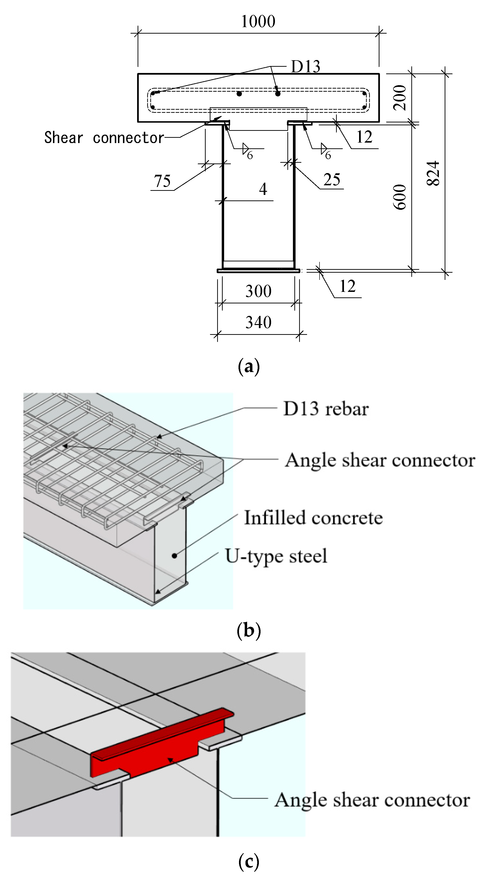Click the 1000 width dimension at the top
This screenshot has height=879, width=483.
[258, 22]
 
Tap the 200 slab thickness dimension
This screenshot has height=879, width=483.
[400, 98]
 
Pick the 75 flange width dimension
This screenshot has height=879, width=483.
[162, 181]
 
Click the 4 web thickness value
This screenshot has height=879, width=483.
[263, 189]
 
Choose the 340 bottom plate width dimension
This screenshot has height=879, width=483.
[258, 322]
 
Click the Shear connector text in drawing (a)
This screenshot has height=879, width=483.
[104, 138]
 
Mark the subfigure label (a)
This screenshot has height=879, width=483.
[249, 367]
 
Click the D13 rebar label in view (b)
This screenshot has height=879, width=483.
[326, 409]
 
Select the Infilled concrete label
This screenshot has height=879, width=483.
[313, 518]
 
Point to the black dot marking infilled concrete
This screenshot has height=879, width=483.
[175, 556]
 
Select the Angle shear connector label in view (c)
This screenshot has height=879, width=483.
[372, 800]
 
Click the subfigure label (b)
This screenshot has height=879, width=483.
[249, 630]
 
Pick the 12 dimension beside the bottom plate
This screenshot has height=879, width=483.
[348, 286]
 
